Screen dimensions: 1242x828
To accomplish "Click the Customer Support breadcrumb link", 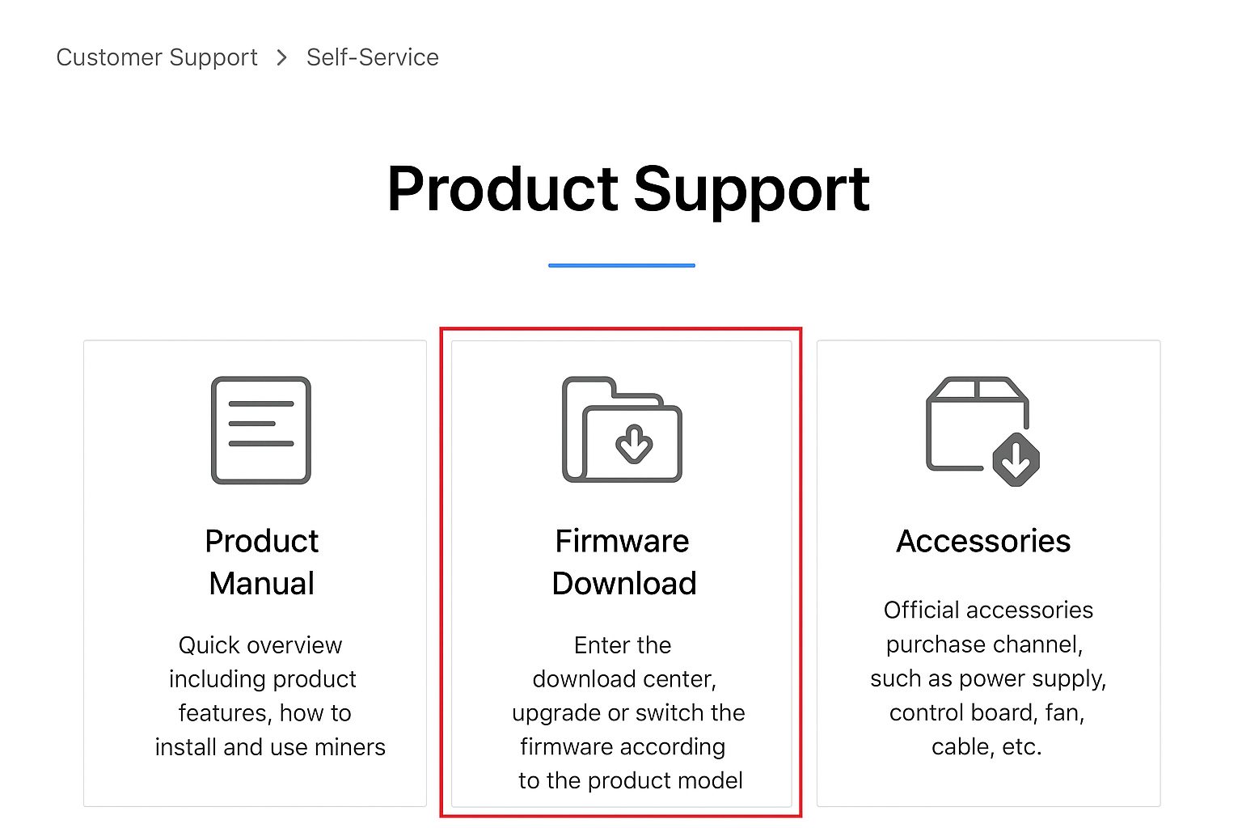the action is (x=157, y=57).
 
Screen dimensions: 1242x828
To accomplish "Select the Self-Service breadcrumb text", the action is (x=373, y=57).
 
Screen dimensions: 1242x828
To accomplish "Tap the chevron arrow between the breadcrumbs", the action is (x=282, y=57).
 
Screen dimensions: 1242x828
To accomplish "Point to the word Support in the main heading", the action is (x=752, y=192).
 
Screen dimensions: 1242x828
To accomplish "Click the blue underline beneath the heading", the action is (x=622, y=266).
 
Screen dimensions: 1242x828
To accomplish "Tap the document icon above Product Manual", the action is (x=261, y=430).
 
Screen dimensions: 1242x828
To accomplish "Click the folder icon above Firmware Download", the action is (x=622, y=430).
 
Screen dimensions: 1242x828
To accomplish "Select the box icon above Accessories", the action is (x=982, y=432).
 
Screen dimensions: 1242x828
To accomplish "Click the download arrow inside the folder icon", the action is (x=634, y=444).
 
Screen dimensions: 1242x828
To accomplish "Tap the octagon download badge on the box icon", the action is (x=1016, y=460).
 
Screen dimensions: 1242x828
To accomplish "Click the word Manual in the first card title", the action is (x=262, y=584).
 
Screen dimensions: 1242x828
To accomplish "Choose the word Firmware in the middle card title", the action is (x=622, y=541).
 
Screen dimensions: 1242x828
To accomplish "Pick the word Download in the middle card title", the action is (x=624, y=584).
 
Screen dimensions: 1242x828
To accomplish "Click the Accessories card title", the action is (x=983, y=541).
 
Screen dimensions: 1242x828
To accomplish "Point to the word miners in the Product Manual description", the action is (x=350, y=747).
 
